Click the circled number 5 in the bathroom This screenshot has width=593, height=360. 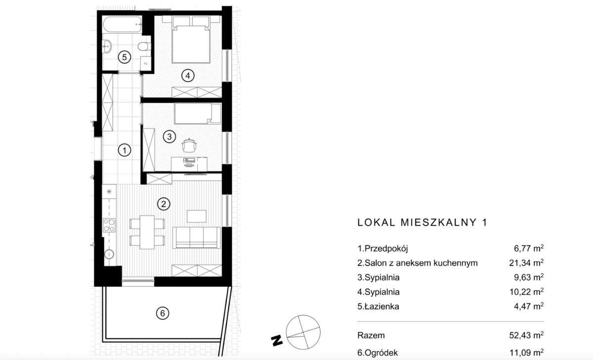(125, 57)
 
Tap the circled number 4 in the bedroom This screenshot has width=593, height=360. (187, 76)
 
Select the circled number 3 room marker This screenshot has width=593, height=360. (169, 136)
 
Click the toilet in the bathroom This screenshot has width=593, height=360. (143, 47)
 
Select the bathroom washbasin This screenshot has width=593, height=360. (107, 47)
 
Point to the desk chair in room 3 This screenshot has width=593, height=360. (189, 145)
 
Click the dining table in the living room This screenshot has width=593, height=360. (146, 231)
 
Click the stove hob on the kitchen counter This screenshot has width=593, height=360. (109, 225)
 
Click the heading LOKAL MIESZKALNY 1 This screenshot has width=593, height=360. (422, 223)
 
